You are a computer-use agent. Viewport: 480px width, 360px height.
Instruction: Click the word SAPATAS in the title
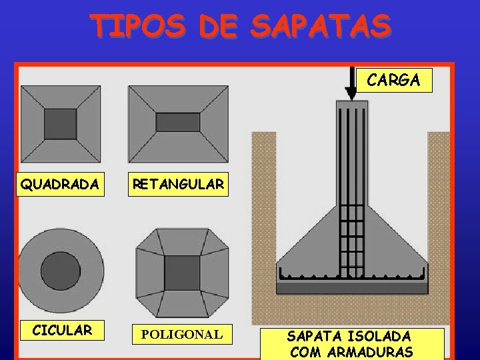coord(321,26)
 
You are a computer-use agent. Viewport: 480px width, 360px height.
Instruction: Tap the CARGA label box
coord(393,80)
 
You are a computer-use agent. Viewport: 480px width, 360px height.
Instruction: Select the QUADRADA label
coord(60,184)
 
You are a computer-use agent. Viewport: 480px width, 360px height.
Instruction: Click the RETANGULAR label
coord(177,184)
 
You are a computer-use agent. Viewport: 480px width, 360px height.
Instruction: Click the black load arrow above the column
coord(351,83)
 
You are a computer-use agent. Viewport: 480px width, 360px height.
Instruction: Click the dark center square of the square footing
coord(60,123)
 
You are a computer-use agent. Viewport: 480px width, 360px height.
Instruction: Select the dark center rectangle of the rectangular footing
coord(178,123)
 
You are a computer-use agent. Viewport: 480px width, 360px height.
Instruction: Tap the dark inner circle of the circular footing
coord(61,271)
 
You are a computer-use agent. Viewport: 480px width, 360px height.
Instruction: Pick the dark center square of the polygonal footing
coord(182,273)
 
